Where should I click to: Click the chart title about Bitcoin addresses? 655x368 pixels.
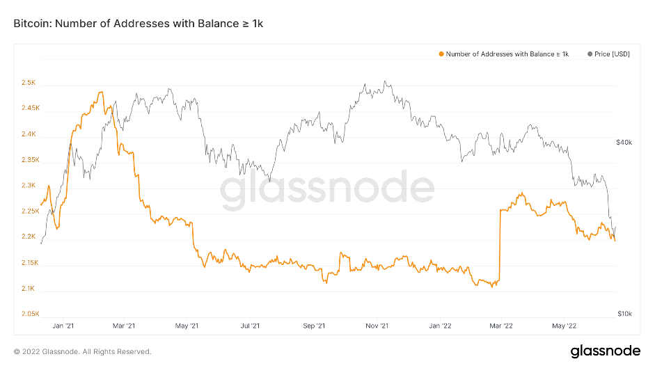(139, 24)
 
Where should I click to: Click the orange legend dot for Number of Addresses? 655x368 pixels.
(441, 54)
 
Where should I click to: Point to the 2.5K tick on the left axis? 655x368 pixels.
(29, 83)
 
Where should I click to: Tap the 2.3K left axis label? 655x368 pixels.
(29, 186)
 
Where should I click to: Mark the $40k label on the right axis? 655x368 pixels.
(624, 143)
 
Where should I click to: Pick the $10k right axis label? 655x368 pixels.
(624, 314)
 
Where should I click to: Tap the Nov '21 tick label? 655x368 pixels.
(377, 325)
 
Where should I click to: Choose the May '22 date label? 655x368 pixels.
(564, 325)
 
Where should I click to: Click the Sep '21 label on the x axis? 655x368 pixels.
(314, 325)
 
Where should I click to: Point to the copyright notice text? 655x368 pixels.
(83, 351)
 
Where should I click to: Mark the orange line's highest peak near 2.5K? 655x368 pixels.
(102, 92)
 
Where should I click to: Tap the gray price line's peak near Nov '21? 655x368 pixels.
(384, 81)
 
